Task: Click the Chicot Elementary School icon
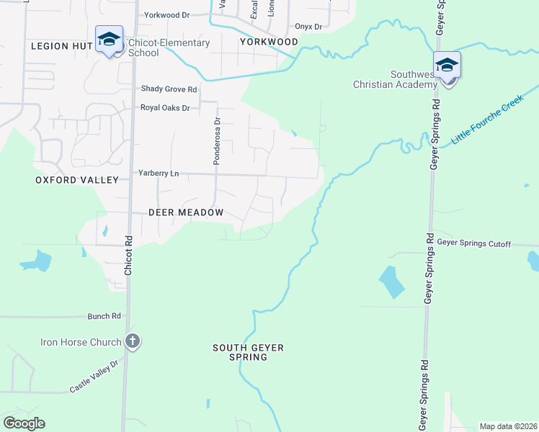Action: coord(109,40)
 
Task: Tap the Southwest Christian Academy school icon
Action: coord(447,66)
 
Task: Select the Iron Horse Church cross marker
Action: coord(132,341)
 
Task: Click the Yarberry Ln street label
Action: coord(159,174)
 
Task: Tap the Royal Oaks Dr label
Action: coord(164,108)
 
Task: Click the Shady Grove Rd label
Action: coord(169,89)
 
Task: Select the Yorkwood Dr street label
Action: coord(166,14)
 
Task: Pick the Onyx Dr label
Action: coord(308,27)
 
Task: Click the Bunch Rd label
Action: coord(104,316)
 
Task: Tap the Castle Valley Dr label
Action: coord(94,377)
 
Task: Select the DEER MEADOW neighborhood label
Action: coord(186,213)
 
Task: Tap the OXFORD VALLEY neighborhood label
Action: coord(66,180)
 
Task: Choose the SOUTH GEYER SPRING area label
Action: coord(248,352)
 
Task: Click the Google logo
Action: coord(24,423)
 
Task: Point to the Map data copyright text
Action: coord(508,426)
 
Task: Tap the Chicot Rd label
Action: coord(129,255)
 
